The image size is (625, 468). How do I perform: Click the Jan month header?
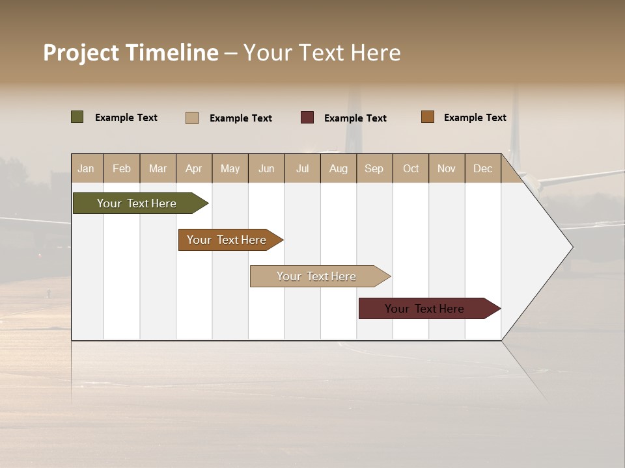tap(86, 168)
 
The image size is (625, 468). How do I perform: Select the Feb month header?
tap(122, 168)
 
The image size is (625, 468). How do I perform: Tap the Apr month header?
tap(193, 168)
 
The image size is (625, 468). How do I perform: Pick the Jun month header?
tap(266, 168)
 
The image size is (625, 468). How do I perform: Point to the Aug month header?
tap(339, 168)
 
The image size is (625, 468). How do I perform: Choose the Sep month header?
tap(374, 168)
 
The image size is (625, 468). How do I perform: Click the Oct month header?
tap(411, 168)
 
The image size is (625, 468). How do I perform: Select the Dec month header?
tap(482, 168)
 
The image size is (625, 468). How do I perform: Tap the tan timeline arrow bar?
tap(317, 276)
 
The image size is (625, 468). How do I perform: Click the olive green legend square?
tap(77, 117)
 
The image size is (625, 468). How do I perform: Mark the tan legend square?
tap(192, 118)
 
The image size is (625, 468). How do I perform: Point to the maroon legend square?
tap(307, 118)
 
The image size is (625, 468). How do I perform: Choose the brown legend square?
tap(428, 117)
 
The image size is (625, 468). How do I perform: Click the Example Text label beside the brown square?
tap(475, 118)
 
